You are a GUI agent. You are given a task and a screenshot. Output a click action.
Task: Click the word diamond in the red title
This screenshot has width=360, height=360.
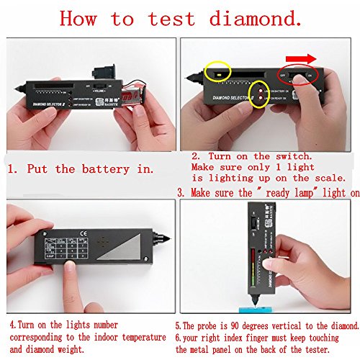(x=244, y=18)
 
